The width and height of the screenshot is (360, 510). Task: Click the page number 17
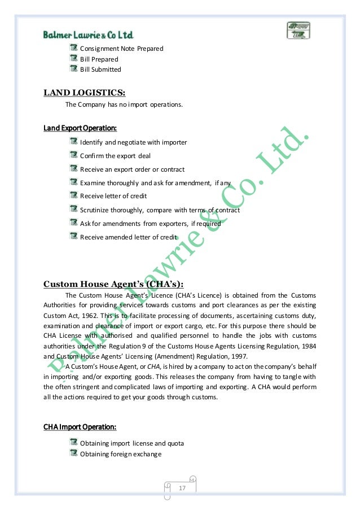(182, 487)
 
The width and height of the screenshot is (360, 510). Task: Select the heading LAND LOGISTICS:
(85, 93)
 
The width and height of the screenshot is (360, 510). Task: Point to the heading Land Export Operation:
(80, 128)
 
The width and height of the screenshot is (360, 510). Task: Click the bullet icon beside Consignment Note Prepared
(74, 48)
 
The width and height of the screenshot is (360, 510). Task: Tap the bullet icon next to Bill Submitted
(74, 69)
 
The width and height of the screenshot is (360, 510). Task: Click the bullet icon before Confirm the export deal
(74, 155)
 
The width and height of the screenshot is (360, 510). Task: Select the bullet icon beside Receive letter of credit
(74, 195)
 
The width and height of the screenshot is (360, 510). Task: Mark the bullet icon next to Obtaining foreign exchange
(74, 454)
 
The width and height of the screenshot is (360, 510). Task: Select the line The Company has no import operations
(124, 104)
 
